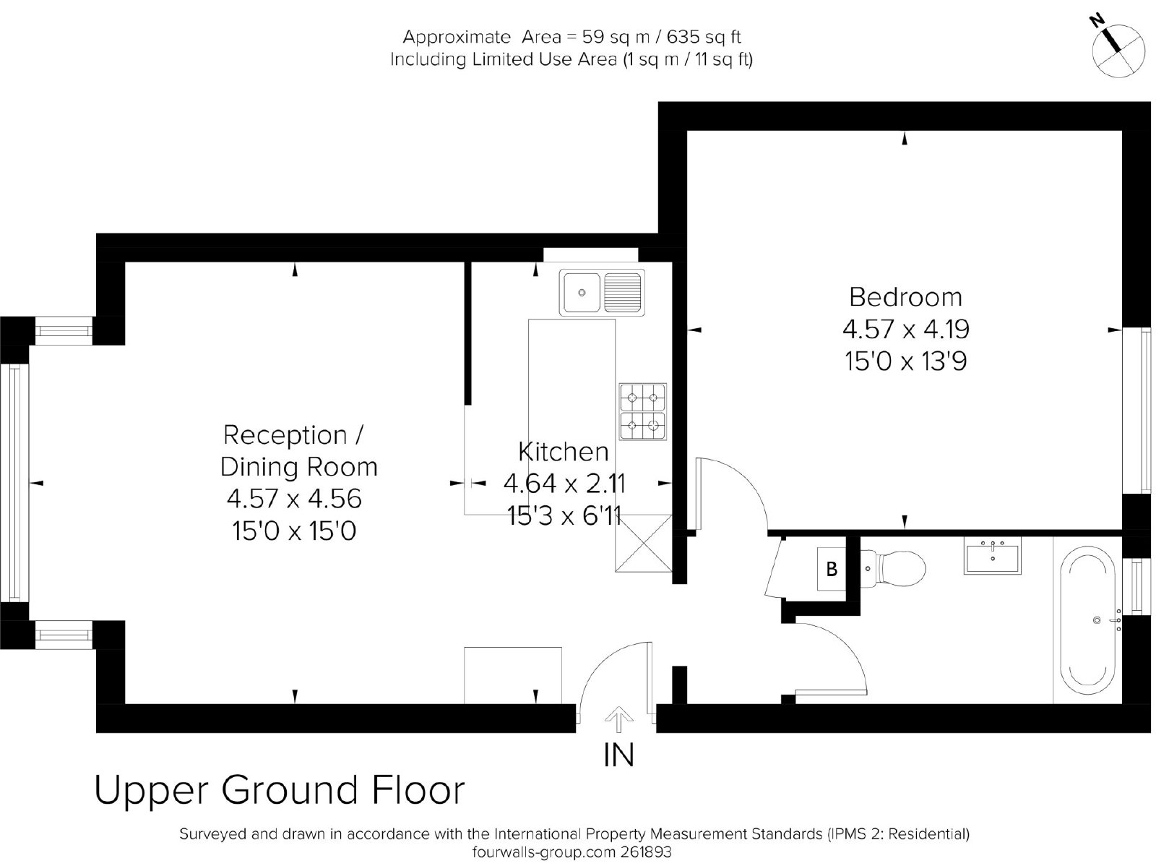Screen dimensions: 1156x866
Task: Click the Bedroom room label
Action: click(905, 298)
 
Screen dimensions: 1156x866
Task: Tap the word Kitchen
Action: click(563, 452)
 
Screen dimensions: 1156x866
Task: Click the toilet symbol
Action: click(893, 568)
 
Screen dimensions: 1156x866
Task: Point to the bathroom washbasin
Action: click(992, 555)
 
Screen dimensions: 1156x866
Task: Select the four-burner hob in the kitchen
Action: click(642, 411)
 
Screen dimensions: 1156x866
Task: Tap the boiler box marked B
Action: click(832, 569)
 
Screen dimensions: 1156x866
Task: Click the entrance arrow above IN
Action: click(618, 719)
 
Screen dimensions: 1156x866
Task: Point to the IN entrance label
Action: click(618, 755)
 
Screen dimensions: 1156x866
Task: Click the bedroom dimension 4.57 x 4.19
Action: click(906, 330)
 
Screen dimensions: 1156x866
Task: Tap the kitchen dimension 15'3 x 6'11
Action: click(564, 515)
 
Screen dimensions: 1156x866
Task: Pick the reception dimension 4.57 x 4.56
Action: click(294, 499)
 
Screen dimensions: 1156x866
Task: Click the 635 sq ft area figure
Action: click(704, 38)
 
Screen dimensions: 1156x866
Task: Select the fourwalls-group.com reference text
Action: click(572, 852)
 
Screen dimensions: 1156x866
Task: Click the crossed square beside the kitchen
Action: click(644, 543)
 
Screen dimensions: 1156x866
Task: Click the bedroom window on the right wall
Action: click(1136, 411)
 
